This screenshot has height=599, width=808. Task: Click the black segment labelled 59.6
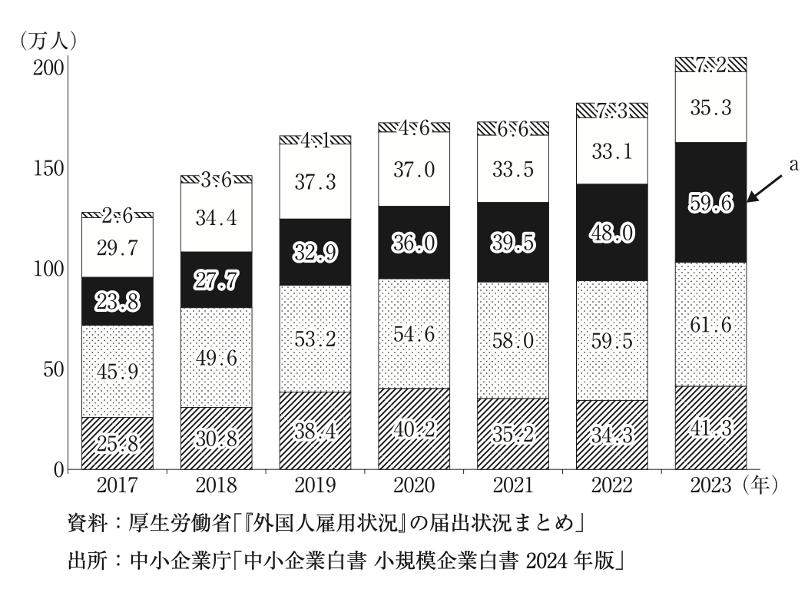[710, 203]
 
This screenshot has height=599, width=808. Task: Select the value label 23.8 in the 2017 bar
[118, 301]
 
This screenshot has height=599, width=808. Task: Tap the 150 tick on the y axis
[49, 168]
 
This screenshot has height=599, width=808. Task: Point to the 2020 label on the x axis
[414, 485]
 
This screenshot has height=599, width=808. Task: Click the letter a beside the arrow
[793, 164]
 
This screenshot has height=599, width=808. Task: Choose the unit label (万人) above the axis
[48, 41]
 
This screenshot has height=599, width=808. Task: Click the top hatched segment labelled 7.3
[611, 111]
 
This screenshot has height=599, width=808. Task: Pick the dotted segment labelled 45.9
[118, 372]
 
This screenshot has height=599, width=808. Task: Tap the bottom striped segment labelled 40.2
[414, 429]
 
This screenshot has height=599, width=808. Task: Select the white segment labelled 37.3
[315, 181]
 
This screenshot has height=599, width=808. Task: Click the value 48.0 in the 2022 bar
[612, 233]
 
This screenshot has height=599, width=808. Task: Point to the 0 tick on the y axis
[58, 470]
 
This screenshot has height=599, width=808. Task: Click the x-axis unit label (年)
[760, 485]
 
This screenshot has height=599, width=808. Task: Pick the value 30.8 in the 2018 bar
[216, 438]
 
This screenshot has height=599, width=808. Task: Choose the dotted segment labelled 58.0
[513, 340]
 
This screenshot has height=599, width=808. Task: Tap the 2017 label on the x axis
[117, 485]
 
